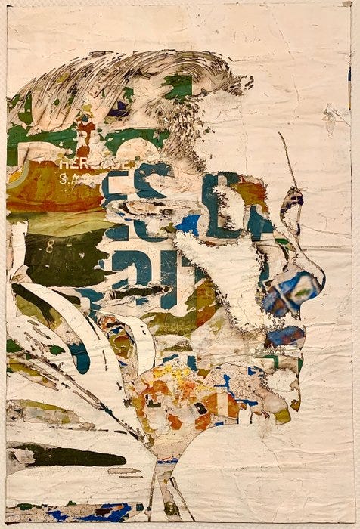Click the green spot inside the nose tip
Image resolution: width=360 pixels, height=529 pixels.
[304, 287]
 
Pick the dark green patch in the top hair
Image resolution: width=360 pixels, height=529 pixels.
[178, 87]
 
